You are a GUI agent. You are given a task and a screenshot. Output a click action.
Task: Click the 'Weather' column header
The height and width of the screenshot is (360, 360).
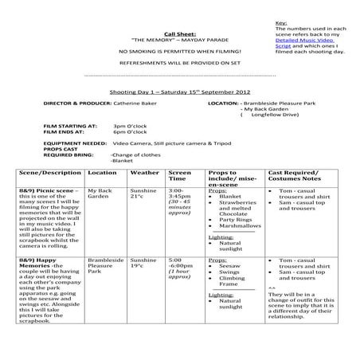tap(144, 172)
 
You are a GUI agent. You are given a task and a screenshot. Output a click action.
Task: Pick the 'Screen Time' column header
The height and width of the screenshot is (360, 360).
tap(180, 176)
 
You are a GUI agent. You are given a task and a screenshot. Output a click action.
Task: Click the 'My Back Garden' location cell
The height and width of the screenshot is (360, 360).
tap(101, 195)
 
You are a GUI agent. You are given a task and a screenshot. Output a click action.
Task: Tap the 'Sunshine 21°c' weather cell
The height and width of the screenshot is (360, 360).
tap(143, 195)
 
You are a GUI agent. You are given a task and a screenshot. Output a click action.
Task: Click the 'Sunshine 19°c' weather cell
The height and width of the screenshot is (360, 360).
tap(143, 264)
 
